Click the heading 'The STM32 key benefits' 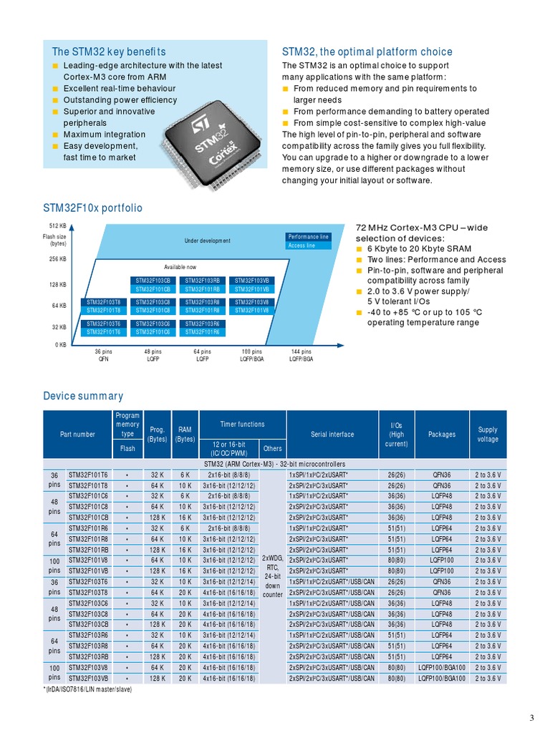108,52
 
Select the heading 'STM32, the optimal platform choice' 367,52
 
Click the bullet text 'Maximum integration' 104,135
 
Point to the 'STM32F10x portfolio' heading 92,208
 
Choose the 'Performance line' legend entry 308,237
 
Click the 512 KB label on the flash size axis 58,226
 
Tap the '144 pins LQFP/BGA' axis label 301,355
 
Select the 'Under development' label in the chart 208,241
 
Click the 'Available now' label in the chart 180,266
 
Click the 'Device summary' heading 83,396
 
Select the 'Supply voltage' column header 488,435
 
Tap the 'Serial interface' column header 332,435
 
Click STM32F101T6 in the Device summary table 88,475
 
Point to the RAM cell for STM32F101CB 185,518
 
